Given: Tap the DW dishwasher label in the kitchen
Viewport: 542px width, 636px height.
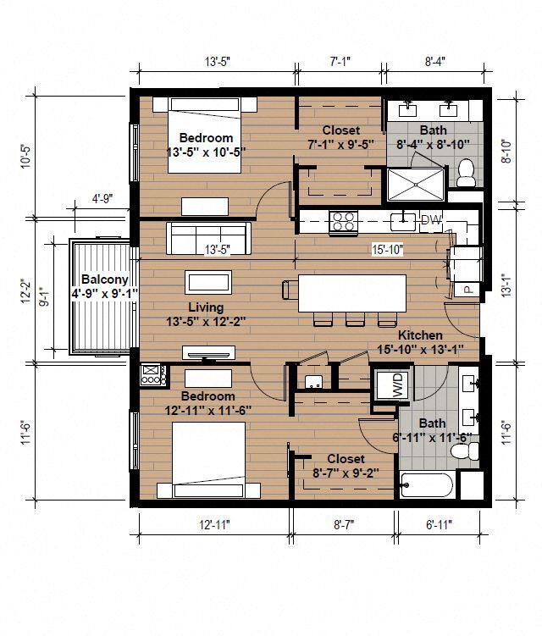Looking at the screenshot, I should [x=431, y=220].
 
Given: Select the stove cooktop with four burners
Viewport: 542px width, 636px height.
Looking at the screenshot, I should [x=343, y=222].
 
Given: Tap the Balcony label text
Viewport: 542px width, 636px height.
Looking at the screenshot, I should [x=104, y=279].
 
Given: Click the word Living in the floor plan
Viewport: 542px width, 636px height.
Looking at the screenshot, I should [x=206, y=307].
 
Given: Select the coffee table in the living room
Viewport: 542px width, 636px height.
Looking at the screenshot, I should [x=208, y=281].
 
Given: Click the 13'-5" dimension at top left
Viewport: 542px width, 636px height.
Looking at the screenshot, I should [x=217, y=61].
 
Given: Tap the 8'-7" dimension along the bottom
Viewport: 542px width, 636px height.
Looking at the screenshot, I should [x=344, y=525].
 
